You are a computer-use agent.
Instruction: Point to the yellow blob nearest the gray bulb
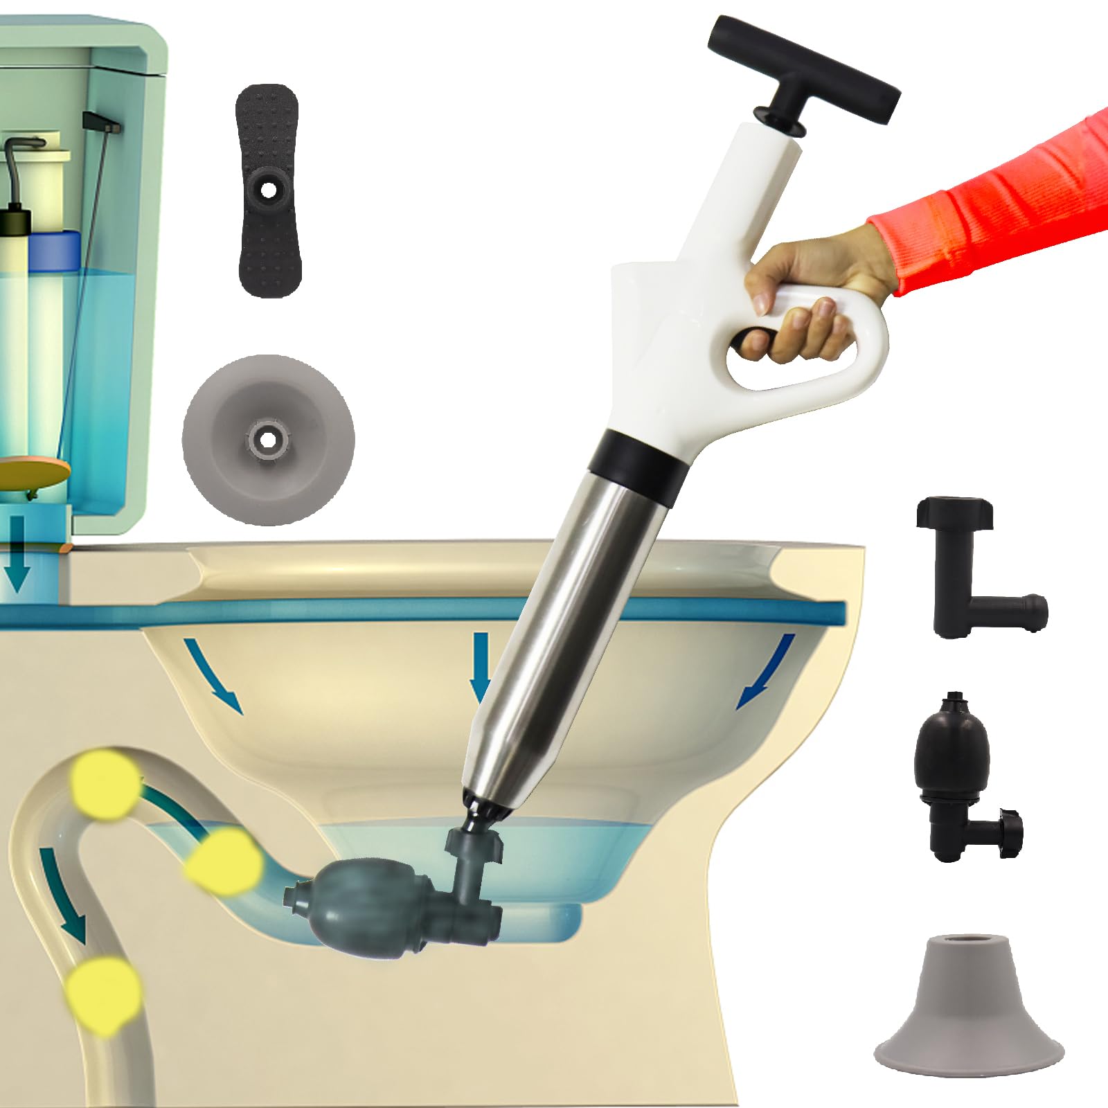click(225, 859)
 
